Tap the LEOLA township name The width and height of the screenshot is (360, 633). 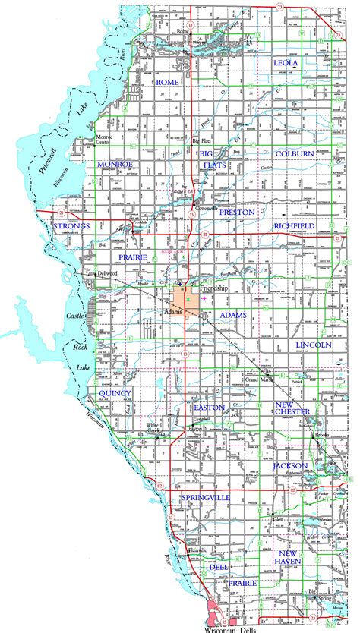(292, 63)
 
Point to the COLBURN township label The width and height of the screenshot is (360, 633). (295, 153)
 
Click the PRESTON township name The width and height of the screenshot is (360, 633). (237, 213)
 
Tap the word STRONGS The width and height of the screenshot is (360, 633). (72, 226)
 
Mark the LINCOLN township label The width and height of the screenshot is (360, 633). (314, 345)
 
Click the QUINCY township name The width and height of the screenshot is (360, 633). (115, 393)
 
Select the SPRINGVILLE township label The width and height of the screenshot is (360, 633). (206, 497)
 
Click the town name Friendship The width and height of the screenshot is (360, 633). (213, 290)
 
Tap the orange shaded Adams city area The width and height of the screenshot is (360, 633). (186, 298)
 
